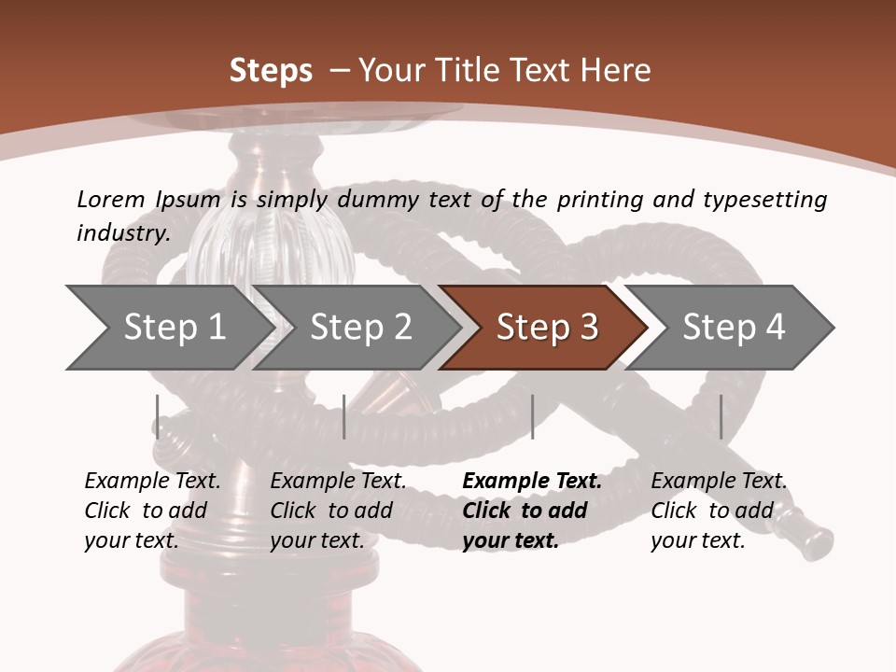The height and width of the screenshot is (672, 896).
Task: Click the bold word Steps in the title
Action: click(x=271, y=71)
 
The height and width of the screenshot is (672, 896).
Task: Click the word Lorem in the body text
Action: click(x=110, y=199)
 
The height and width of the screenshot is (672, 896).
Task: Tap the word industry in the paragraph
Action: click(x=122, y=233)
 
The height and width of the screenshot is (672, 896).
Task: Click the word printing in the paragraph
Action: click(x=597, y=200)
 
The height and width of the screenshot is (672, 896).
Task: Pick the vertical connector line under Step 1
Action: click(x=158, y=416)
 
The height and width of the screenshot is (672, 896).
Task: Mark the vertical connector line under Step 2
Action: click(x=344, y=416)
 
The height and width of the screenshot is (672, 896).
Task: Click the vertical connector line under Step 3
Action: click(x=532, y=416)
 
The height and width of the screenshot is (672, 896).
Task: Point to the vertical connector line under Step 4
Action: click(x=721, y=416)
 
